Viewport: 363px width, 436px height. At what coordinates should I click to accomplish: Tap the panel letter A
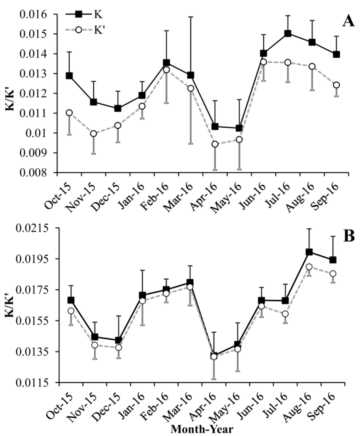(349, 22)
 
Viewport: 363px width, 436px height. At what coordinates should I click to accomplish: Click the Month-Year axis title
(202, 428)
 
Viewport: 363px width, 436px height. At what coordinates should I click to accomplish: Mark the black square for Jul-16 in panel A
(288, 33)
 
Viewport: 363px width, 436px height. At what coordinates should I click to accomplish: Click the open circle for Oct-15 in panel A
(69, 113)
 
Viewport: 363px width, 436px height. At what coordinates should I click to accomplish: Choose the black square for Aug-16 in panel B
(309, 252)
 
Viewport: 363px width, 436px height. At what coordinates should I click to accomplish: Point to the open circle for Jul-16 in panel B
(285, 314)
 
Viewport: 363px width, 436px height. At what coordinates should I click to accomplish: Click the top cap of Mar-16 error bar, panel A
(191, 17)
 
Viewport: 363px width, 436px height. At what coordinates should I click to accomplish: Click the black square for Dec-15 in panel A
(118, 109)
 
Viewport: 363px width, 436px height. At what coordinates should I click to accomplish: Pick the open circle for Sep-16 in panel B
(333, 274)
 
